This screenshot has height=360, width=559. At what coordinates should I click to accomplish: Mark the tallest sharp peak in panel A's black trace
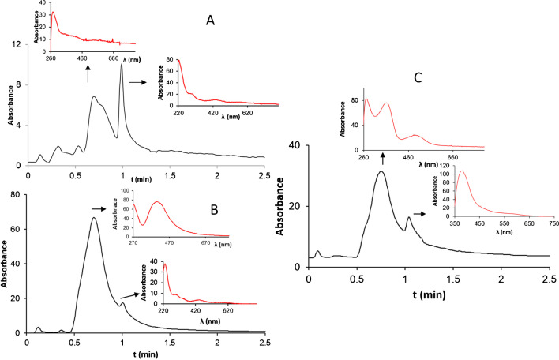(122, 65)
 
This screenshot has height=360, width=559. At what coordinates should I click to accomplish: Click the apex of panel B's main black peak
(94, 218)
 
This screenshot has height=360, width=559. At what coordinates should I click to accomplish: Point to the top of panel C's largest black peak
(382, 171)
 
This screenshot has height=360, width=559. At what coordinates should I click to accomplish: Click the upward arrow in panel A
(88, 73)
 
